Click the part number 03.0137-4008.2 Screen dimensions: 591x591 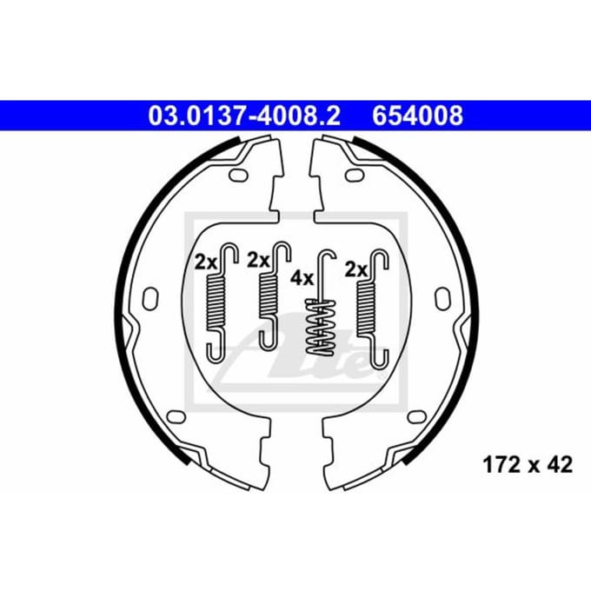click(244, 116)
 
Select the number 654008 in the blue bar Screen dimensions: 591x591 click(418, 116)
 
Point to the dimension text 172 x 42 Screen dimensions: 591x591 click(528, 465)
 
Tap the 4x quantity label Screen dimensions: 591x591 click(302, 278)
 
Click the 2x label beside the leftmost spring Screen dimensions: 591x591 click(206, 262)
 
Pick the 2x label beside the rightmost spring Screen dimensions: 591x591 click(356, 269)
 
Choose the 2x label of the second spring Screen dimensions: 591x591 click(259, 260)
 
